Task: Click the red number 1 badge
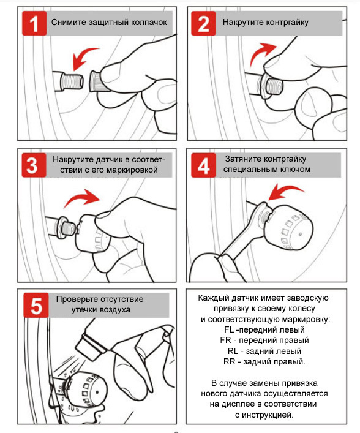pos(34,23)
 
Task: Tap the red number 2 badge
pos(203,23)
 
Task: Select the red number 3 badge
pos(34,165)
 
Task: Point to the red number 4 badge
pos(203,165)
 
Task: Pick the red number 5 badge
pos(36,305)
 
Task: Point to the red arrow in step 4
pos(284,190)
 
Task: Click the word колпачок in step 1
pos(149,23)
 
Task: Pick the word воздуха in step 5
pos(115,309)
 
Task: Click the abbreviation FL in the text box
pos(229,329)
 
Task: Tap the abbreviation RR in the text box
pos(229,361)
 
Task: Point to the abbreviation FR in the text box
pos(225,341)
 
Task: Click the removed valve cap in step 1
pos(96,81)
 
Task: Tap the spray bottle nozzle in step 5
pos(87,347)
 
